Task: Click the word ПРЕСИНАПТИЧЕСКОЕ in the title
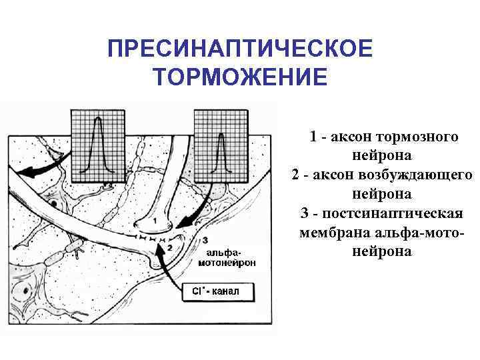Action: [239, 49]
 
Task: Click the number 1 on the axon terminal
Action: [155, 219]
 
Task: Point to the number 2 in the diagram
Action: [169, 247]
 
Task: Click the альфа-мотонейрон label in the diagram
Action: [227, 258]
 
